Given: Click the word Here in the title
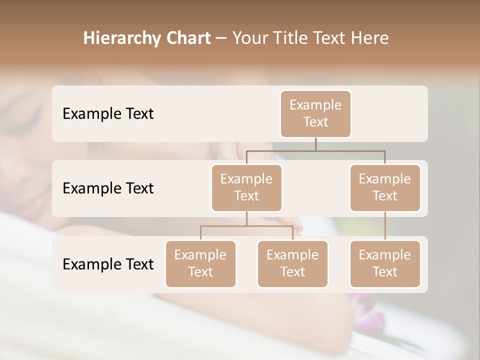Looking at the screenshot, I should click(x=369, y=38).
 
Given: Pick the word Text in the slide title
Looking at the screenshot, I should click(x=331, y=38).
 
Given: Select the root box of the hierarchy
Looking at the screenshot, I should click(x=315, y=113).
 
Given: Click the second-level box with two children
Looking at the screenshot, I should click(x=246, y=187).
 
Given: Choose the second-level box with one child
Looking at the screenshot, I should click(x=385, y=187).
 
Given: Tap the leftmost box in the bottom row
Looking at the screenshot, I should click(x=200, y=263).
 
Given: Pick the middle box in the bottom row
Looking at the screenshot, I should click(x=292, y=263).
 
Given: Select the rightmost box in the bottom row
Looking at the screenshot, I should click(x=385, y=263).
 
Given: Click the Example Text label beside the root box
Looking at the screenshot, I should click(x=108, y=113).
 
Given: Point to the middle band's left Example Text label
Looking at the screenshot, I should click(x=108, y=188).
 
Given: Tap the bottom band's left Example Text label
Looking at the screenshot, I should click(x=108, y=264).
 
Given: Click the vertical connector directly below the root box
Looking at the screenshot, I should click(x=315, y=144).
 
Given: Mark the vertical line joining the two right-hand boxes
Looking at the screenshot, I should click(x=385, y=226).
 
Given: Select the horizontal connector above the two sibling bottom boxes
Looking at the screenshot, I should click(x=246, y=226).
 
